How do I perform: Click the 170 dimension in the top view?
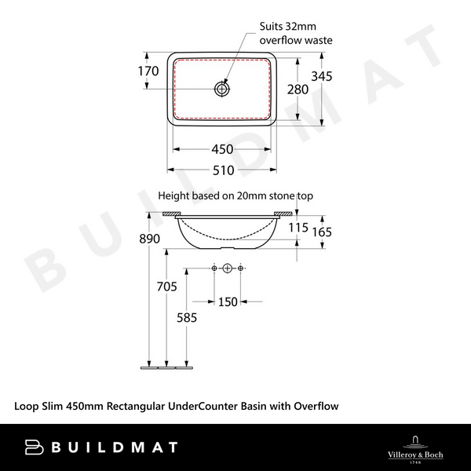click(x=148, y=71)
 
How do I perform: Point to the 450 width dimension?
click(x=224, y=150)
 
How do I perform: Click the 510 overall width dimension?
click(x=224, y=170)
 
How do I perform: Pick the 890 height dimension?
click(x=149, y=239)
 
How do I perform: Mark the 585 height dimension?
click(x=186, y=318)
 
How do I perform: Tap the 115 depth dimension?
click(x=298, y=228)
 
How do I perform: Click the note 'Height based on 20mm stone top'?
click(x=235, y=195)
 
